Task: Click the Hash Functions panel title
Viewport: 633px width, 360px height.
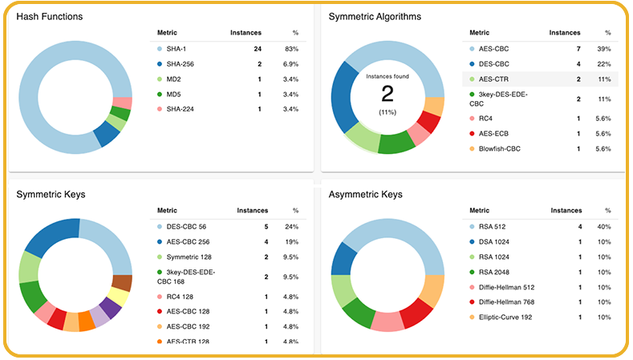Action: point(50,17)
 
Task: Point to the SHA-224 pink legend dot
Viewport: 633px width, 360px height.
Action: point(160,109)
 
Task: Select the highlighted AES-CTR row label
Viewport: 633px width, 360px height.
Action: point(495,79)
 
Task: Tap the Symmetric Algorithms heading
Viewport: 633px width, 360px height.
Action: point(375,17)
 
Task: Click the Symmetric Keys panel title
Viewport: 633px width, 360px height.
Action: point(51,194)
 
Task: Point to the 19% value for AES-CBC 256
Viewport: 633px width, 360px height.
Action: point(291,242)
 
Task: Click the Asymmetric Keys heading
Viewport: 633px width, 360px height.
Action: point(368,194)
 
